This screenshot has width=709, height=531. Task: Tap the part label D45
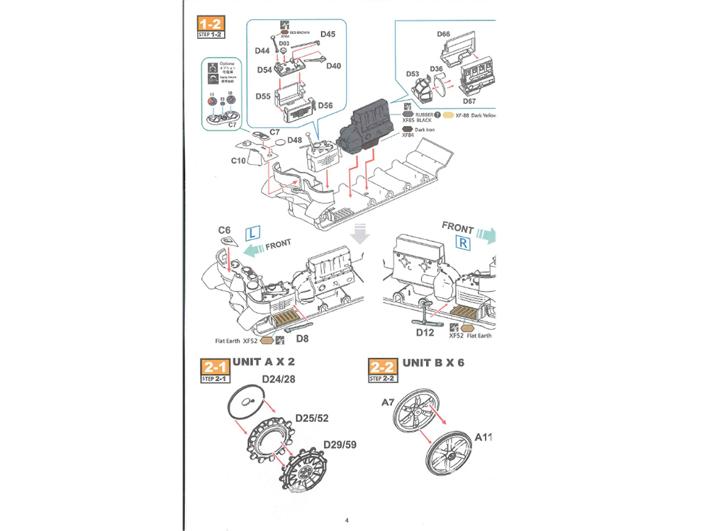point(328,33)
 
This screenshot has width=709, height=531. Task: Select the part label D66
point(443,34)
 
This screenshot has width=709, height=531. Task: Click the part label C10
point(238,161)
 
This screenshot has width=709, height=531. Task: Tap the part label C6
point(224,230)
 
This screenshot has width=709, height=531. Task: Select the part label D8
point(302,339)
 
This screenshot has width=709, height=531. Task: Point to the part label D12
point(425,332)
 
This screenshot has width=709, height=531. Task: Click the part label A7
point(387,402)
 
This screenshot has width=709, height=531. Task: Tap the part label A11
point(484,436)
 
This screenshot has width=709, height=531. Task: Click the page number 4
point(347,520)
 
